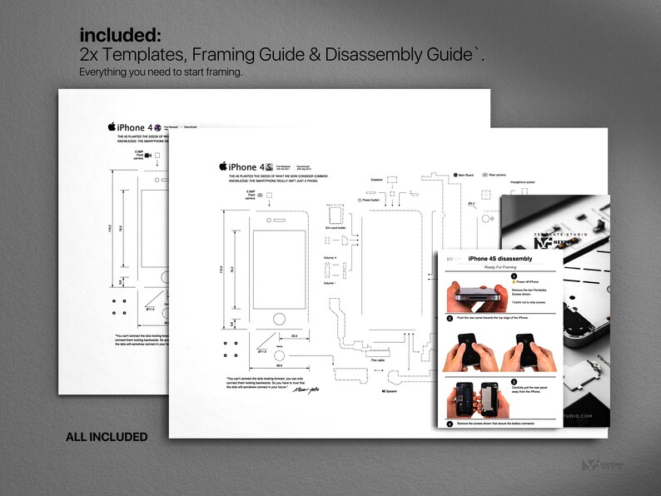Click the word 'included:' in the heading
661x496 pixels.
tap(120, 35)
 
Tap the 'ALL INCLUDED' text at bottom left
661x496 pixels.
tap(107, 437)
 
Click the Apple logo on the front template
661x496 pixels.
tap(222, 166)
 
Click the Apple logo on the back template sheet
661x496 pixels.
tap(112, 126)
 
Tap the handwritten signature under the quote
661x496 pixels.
tap(318, 388)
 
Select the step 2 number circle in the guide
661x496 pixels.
tap(450, 318)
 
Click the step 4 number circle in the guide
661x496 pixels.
tap(450, 424)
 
